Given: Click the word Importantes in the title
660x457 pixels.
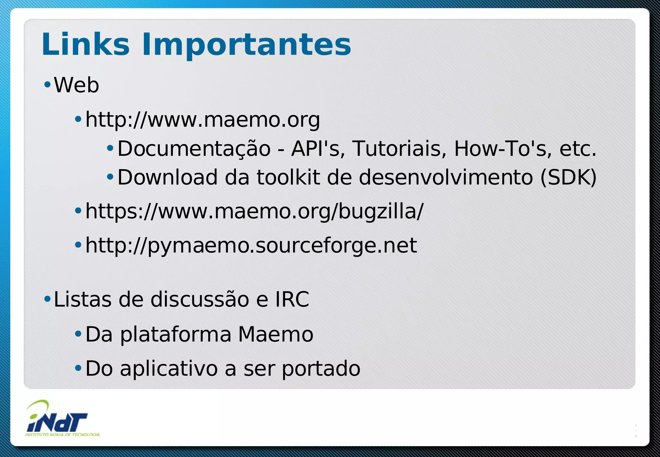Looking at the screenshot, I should coord(246,45).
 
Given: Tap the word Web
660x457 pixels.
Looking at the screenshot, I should coord(76,85).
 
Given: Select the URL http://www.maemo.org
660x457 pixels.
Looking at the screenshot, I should coord(202,120).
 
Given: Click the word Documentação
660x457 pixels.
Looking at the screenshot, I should coord(194,149).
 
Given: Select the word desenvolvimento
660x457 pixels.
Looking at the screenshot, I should coord(446,177).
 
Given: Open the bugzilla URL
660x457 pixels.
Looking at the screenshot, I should coord(254,211).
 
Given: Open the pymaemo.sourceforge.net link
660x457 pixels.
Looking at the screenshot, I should coord(251,246).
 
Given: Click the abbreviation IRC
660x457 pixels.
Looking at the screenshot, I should coord(292,299).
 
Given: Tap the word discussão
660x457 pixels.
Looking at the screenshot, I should coord(200,299).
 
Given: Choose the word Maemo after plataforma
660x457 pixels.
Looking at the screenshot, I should coord(276,334).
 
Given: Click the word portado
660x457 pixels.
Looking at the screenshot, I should coord(321,368).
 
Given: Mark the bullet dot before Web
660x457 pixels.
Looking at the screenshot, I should coord(47,85).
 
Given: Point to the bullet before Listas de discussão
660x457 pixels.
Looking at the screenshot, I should coord(47,299).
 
